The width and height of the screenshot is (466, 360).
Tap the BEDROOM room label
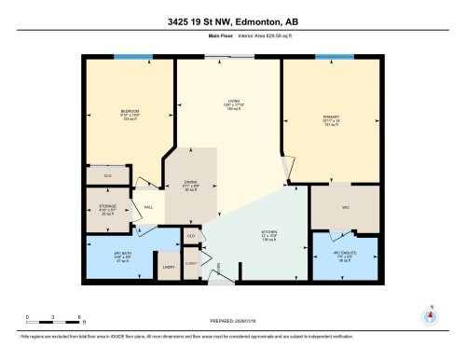130,114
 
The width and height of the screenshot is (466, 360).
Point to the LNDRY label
169,268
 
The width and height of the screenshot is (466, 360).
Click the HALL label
148,208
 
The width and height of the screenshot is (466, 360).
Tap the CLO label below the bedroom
107,174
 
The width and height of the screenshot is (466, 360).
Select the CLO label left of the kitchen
191,237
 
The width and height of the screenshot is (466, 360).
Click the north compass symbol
430,314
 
